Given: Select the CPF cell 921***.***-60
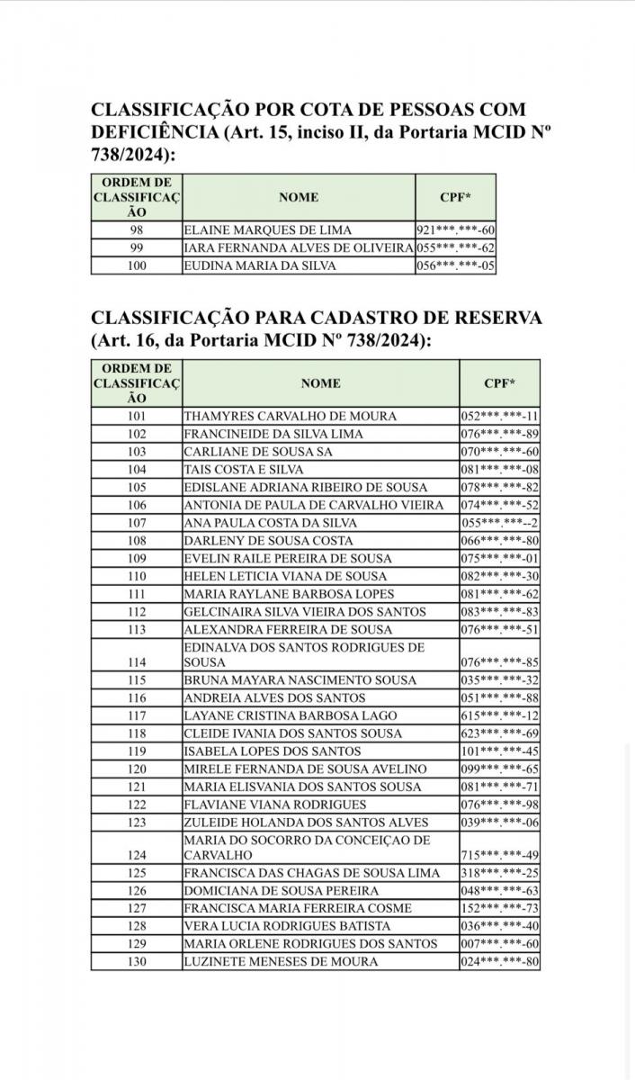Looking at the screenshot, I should click(x=455, y=230).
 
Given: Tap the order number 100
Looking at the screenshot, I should click(x=137, y=265).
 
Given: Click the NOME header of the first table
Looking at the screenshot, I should click(x=298, y=197).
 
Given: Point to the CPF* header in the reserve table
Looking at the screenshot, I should click(x=499, y=382).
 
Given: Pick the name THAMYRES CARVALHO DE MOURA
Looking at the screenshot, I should click(x=277, y=417).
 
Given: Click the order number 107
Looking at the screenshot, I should click(x=137, y=523).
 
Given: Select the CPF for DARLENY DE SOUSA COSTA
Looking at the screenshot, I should click(x=499, y=540).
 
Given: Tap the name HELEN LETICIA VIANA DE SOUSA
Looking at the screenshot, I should click(x=285, y=576).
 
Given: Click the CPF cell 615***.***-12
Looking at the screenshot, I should click(x=499, y=716).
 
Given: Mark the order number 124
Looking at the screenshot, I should click(x=137, y=855).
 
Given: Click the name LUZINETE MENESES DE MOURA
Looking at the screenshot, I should click(x=281, y=961).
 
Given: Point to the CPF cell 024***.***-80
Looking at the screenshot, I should click(x=499, y=961).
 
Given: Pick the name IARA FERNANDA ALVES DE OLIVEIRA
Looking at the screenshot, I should click(x=298, y=248).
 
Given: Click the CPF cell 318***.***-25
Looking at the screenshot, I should click(x=499, y=873).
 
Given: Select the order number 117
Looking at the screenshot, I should click(x=137, y=716).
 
